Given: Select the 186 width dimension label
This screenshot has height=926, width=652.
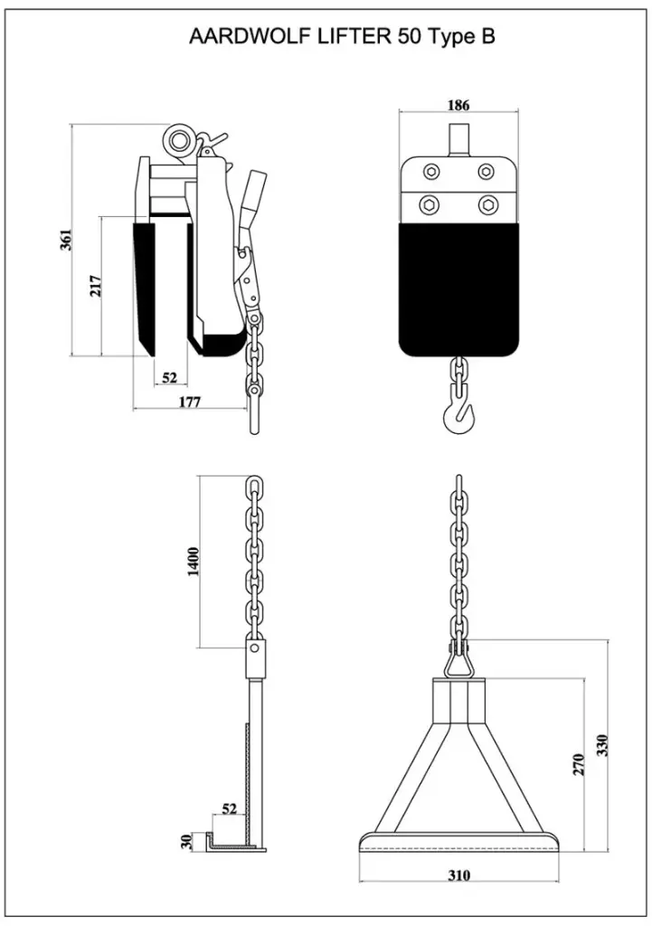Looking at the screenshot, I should [x=458, y=106].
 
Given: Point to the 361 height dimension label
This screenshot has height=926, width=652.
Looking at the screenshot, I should [x=66, y=240].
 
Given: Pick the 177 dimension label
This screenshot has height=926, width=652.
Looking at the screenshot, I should [x=189, y=402].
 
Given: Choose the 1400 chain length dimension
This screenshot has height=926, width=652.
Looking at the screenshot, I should [x=194, y=563].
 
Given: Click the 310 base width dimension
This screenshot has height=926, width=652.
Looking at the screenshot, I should [x=459, y=875].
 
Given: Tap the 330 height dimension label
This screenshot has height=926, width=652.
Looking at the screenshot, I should [x=602, y=744].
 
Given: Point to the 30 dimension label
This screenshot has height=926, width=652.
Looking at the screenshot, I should [x=187, y=842].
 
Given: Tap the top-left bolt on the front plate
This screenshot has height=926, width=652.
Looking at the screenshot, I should [x=430, y=172].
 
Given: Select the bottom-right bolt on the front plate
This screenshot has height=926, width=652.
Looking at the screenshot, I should [x=488, y=204].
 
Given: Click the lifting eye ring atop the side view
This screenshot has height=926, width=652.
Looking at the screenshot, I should [x=178, y=139].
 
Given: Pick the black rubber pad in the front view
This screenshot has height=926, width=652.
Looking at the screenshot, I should [x=459, y=288].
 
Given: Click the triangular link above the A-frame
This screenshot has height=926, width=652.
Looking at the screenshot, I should [x=459, y=664].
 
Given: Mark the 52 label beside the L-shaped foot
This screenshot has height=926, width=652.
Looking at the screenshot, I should [x=231, y=808].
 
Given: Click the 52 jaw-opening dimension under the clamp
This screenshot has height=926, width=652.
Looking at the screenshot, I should [x=169, y=377].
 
